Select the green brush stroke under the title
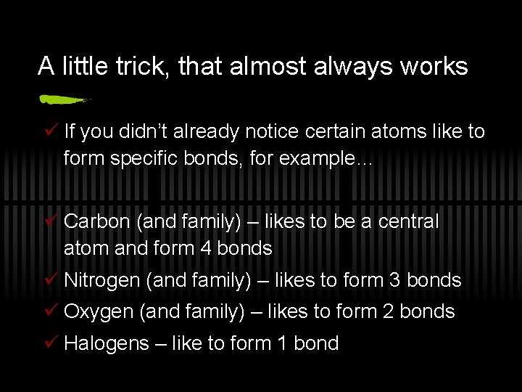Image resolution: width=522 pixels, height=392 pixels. (x=64, y=99)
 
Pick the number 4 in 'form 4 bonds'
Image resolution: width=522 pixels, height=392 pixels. (x=205, y=248)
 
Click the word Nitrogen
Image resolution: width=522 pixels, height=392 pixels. (x=101, y=280)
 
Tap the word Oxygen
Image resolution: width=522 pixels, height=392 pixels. (x=99, y=312)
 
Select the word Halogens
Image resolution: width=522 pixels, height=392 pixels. (x=106, y=344)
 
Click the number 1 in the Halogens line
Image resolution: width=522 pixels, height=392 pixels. (x=281, y=344)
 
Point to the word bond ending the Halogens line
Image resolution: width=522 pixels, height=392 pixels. (x=316, y=344)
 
